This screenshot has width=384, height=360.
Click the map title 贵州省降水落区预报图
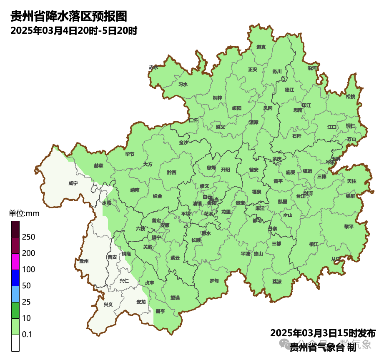click(x=68, y=16)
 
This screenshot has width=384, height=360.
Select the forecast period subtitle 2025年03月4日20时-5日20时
click(x=74, y=31)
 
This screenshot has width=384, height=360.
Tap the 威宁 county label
click(x=73, y=183)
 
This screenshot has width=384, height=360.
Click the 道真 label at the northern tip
click(x=261, y=47)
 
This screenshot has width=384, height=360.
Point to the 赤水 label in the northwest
click(x=153, y=67)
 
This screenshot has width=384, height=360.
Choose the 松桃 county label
click(x=351, y=97)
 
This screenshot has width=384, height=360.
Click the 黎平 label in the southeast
click(x=349, y=227)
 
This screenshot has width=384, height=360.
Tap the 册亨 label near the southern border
click(x=160, y=311)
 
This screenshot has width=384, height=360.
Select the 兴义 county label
click(x=108, y=305)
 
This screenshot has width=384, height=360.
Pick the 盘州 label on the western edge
click(x=84, y=261)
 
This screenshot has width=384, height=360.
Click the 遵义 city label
click(x=221, y=127)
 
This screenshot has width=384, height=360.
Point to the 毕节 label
click(x=130, y=154)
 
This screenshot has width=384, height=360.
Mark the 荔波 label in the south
click(x=277, y=282)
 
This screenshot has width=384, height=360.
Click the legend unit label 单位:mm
click(x=24, y=213)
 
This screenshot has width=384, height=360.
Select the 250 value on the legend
click(x=29, y=237)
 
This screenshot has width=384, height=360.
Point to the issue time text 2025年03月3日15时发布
click(x=323, y=333)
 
